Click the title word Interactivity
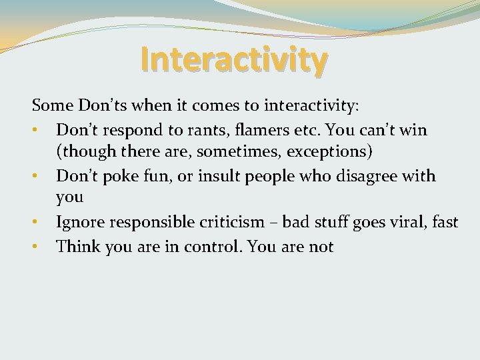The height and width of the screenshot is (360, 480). click(x=234, y=59)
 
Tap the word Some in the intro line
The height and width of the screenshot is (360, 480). click(x=52, y=105)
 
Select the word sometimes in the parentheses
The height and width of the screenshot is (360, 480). click(x=244, y=151)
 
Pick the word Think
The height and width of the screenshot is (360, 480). click(x=76, y=246)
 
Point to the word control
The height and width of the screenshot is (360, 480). click(x=211, y=246)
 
